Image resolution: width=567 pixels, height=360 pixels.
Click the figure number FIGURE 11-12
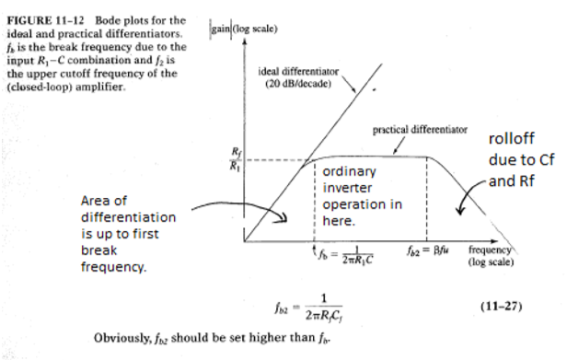pos(45,19)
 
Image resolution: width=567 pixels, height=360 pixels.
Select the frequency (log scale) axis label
pos(492,255)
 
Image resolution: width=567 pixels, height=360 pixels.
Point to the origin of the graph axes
pos(244,242)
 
